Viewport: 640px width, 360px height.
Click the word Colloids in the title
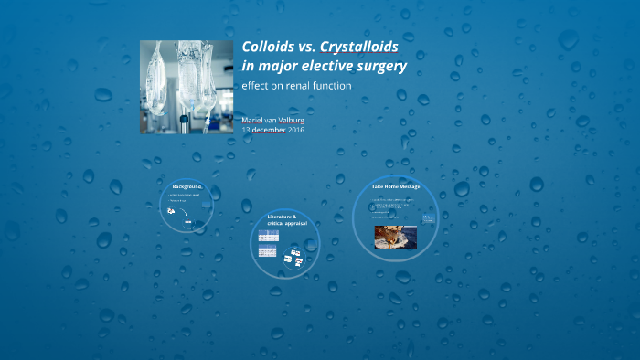point(266,47)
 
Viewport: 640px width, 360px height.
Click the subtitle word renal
point(304,86)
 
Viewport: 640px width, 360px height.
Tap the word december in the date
point(266,130)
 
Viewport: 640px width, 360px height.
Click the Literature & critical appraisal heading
point(283,220)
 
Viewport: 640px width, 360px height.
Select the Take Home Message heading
point(396,187)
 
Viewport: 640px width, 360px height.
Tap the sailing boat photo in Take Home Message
point(396,237)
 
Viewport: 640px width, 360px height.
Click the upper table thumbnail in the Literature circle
point(268,236)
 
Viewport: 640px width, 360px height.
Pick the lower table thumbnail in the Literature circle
point(268,250)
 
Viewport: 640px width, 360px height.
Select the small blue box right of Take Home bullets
point(427,217)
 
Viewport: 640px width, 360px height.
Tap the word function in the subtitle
point(335,86)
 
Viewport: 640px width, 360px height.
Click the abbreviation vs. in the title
point(304,47)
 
